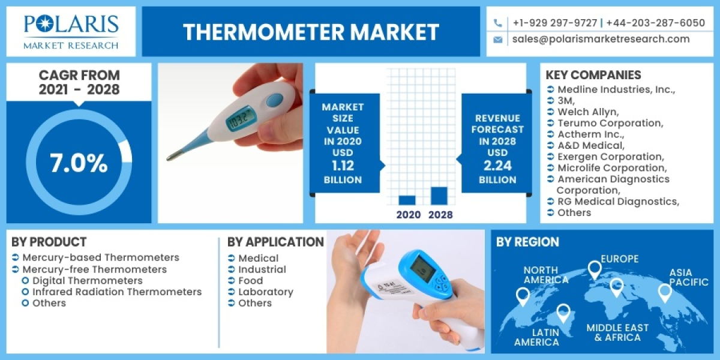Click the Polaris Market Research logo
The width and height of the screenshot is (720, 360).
71,31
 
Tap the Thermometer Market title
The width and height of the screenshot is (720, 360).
311,32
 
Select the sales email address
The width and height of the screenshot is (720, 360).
601,39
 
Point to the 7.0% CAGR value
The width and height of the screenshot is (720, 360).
79,164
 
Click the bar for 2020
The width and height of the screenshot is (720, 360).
407,200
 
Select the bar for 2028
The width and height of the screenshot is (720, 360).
439,196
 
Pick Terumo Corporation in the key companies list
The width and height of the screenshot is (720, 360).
610,123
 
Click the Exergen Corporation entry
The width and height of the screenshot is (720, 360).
612,157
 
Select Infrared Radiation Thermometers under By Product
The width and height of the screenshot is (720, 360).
117,292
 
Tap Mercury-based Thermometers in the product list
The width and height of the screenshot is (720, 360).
101,257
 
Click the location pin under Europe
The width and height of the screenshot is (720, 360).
595,269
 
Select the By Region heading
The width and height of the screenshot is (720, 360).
527,242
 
